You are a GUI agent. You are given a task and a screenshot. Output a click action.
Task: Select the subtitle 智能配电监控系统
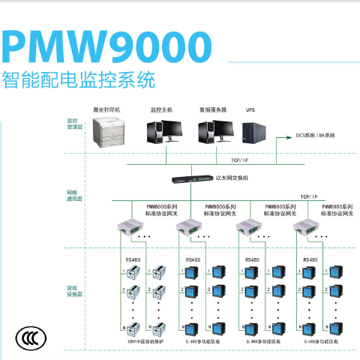tap(79, 79)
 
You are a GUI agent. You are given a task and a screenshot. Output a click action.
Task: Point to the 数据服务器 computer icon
tap(214, 132)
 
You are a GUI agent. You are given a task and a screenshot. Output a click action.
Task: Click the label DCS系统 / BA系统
tap(314, 136)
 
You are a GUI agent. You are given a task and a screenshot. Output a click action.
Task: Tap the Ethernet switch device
tap(190, 180)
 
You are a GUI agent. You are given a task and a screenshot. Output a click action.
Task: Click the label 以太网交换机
tap(232, 178)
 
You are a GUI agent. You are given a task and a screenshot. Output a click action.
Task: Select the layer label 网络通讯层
tap(72, 196)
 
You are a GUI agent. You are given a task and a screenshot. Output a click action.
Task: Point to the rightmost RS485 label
tap(310, 259)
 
